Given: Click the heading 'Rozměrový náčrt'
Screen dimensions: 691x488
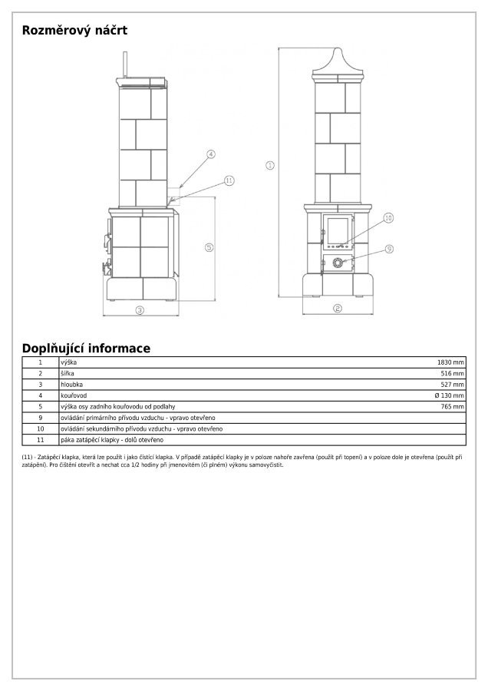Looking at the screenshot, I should [74, 31].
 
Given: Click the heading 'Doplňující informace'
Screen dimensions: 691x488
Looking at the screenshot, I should [86, 349].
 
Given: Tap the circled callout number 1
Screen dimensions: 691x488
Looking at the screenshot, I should [270, 165].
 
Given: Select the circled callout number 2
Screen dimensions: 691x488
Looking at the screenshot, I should [337, 309].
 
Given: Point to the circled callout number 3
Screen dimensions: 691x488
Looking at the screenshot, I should [140, 310].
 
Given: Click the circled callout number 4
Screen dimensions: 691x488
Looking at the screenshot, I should [209, 154].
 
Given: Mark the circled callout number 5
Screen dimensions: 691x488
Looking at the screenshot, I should [208, 246].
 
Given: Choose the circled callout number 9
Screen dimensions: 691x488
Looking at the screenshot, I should [389, 249].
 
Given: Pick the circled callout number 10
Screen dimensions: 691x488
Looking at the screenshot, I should [388, 218].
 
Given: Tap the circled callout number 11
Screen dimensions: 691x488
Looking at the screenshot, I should [228, 180].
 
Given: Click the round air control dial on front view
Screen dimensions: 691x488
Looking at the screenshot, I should [338, 263].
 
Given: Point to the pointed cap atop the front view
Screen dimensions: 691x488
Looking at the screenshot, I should [338, 61].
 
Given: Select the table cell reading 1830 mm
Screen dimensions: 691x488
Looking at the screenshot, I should [450, 362].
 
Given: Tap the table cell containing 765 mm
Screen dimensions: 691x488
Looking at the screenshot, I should [453, 406].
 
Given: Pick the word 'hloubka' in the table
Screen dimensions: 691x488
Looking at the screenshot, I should [71, 384].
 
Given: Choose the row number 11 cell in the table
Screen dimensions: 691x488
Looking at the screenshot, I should [41, 440].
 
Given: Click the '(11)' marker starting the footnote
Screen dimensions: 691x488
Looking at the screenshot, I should [28, 458].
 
